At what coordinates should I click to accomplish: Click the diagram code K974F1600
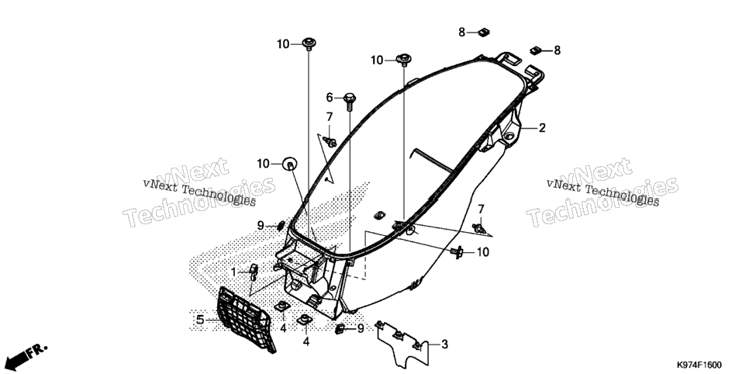(x=699, y=365)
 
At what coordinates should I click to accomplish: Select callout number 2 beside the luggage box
(x=542, y=128)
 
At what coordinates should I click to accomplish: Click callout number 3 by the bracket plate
(x=444, y=344)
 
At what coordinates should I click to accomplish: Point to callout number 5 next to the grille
(x=200, y=320)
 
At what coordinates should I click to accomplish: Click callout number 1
(x=233, y=272)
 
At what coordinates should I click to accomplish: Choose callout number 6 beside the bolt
(x=329, y=98)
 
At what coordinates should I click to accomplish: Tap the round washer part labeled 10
(x=290, y=164)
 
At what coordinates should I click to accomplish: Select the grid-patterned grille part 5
(x=246, y=318)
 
